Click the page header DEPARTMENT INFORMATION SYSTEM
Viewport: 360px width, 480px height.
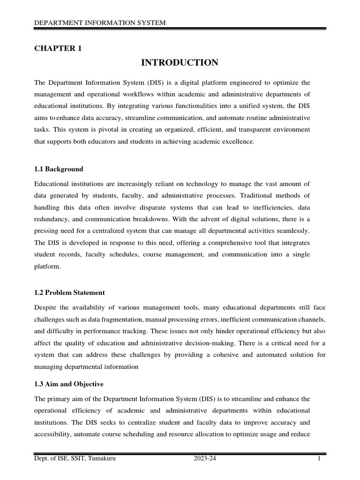click(x=100, y=23)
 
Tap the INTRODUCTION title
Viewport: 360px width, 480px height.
click(x=180, y=62)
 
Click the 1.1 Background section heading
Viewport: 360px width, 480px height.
click(x=59, y=169)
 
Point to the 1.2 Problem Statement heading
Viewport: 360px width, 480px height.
click(x=69, y=292)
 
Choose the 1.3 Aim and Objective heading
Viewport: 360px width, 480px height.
click(x=69, y=384)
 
